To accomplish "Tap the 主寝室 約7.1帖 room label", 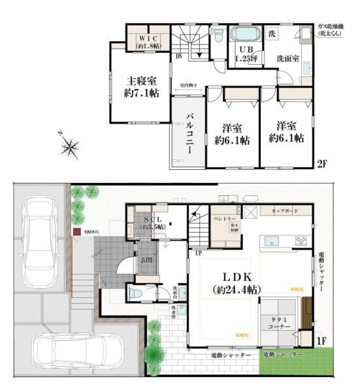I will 140,87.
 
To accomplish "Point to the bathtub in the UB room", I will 245,33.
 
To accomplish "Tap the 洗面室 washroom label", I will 287,57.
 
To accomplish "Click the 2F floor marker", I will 322,163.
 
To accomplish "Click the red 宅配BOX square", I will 77,231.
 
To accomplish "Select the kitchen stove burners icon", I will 302,240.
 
